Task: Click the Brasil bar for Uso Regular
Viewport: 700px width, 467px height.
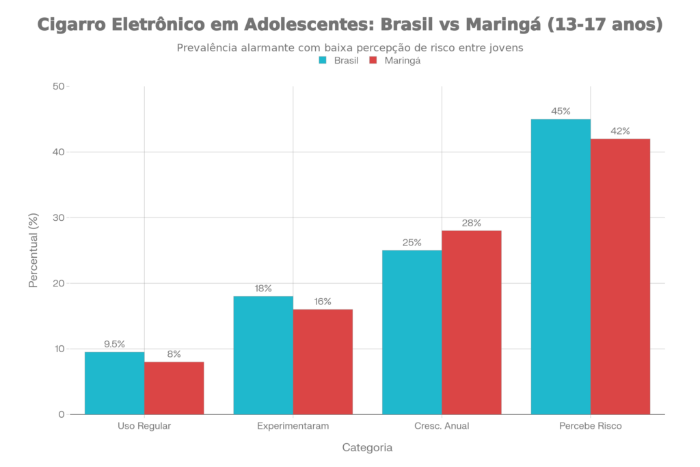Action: (114, 383)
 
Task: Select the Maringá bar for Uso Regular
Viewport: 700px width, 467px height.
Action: (174, 388)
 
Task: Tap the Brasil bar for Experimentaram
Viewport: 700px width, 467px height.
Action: (263, 355)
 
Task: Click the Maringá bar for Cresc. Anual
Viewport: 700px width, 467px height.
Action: (472, 322)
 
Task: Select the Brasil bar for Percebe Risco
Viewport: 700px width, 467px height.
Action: (561, 266)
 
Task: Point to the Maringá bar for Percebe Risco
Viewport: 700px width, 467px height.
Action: (621, 276)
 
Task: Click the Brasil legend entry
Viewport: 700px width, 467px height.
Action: (339, 61)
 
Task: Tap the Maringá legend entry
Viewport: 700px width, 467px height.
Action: (395, 61)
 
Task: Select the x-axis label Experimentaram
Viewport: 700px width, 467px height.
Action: (293, 426)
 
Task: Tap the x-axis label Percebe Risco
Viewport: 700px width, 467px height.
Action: (591, 426)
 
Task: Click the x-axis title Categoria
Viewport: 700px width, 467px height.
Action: (367, 448)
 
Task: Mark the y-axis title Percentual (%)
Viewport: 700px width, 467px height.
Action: (33, 250)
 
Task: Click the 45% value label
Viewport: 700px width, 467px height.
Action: (561, 111)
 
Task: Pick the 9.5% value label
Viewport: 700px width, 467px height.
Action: (114, 344)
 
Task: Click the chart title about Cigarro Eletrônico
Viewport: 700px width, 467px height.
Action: (350, 26)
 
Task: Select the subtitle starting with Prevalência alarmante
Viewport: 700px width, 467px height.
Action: (350, 48)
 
